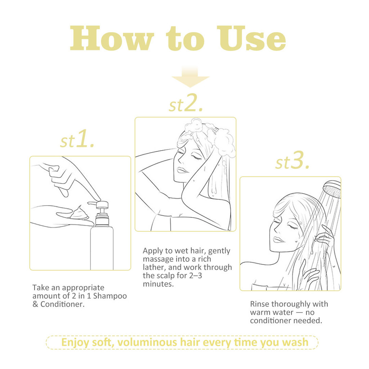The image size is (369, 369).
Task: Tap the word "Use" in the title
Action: click(251, 38)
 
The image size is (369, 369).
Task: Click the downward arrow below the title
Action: click(190, 77)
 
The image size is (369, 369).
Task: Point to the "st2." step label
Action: click(186, 103)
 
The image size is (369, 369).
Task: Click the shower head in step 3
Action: click(332, 189)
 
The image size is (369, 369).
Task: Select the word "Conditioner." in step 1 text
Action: click(62, 304)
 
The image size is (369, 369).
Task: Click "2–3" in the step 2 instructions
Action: click(196, 276)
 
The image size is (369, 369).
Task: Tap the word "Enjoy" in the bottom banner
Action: click(75, 343)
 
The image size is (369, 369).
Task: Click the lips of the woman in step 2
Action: click(182, 170)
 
